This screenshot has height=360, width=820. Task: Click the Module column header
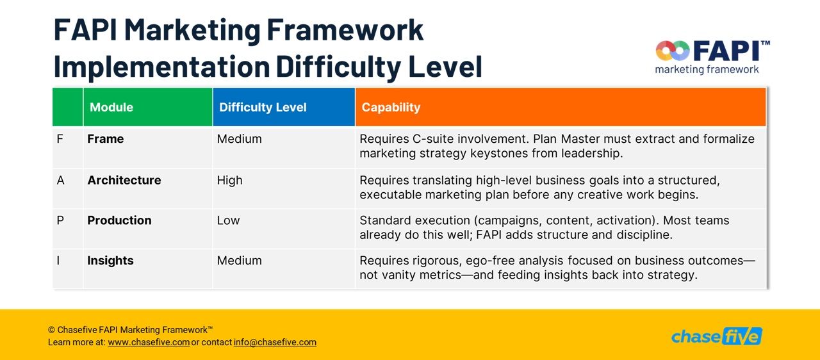tap(111, 107)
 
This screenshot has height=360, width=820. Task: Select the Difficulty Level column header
tap(263, 107)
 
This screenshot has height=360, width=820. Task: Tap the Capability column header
tap(391, 107)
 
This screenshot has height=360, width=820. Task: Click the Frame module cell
tap(106, 139)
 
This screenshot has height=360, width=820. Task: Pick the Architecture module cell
tap(124, 181)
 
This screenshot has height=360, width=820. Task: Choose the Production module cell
tap(119, 220)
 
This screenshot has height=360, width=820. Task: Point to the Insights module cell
tap(110, 261)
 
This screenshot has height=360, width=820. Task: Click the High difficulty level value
tap(229, 181)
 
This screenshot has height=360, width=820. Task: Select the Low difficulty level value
tap(228, 220)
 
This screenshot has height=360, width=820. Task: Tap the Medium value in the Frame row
tap(240, 139)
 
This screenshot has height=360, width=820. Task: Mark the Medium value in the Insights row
tap(240, 261)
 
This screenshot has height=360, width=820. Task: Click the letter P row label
tap(60, 220)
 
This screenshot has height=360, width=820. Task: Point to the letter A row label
tap(61, 181)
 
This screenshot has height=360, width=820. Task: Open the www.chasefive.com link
tap(149, 343)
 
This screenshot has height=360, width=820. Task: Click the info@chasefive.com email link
tap(275, 343)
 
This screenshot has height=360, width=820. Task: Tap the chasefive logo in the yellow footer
tap(716, 336)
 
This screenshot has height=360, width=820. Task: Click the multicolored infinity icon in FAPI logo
tap(673, 51)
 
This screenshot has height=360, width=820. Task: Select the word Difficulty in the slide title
tap(338, 67)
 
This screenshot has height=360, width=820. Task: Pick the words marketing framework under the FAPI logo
tap(707, 70)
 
